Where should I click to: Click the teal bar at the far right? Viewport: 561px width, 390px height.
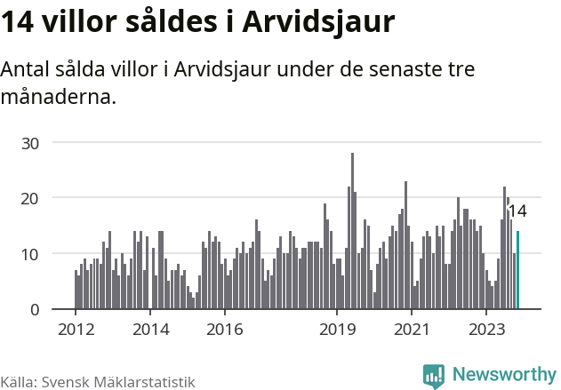coord(517,270)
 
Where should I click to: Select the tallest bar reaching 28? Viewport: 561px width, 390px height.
coord(352,231)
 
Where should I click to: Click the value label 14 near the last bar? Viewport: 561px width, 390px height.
coord(517,211)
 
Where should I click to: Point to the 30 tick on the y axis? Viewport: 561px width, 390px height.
coord(31,142)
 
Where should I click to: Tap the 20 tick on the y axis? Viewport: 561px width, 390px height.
coord(31,198)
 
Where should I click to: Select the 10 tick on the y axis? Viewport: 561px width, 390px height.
coord(31,254)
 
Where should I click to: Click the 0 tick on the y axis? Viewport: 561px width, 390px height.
coord(35,310)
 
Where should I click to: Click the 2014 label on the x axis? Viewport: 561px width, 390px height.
coord(149,330)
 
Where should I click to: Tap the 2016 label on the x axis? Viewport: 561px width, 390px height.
coord(224,330)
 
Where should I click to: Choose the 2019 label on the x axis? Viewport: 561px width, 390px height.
coord(337,330)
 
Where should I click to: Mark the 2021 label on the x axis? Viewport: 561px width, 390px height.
coord(412,330)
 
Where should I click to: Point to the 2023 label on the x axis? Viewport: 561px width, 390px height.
coord(486,330)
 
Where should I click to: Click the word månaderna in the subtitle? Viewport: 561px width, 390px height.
coord(59,96)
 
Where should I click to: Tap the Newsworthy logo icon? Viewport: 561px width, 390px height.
coord(434,376)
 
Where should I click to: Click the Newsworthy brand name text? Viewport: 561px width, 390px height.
coord(503,375)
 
